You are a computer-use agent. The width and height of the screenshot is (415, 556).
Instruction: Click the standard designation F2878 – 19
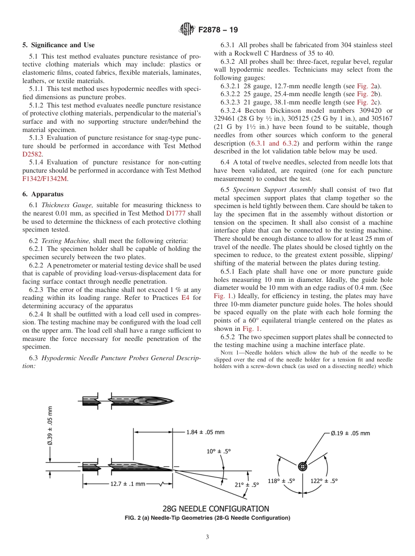point(218,30)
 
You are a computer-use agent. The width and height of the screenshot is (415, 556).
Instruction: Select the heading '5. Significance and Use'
point(58,45)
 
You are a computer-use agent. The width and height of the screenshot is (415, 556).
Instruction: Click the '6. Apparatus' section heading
point(43,194)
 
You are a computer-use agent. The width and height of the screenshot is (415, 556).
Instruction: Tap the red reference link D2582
point(32,154)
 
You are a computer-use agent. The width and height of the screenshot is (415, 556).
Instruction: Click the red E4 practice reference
point(185,298)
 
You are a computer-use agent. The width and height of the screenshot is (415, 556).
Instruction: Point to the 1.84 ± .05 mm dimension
point(205,432)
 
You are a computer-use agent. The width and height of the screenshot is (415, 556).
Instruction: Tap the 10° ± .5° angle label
point(218,452)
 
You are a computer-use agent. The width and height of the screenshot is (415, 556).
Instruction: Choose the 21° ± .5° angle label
point(247,484)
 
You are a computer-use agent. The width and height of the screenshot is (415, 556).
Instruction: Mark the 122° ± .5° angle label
point(324,481)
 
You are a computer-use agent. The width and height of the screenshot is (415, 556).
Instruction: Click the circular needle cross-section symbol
point(302,466)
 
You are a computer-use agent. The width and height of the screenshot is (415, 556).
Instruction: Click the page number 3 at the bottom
point(207,538)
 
